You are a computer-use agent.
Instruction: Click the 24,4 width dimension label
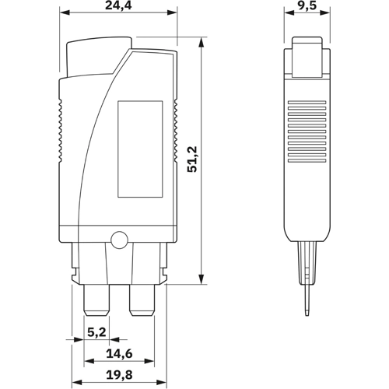pos(117,6)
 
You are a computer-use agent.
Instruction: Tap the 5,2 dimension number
pos(96,332)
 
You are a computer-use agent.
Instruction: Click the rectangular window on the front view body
pos(140,149)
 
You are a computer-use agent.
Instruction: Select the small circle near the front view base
pos(118,240)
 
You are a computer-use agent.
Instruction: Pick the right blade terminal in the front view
pos(142,300)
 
